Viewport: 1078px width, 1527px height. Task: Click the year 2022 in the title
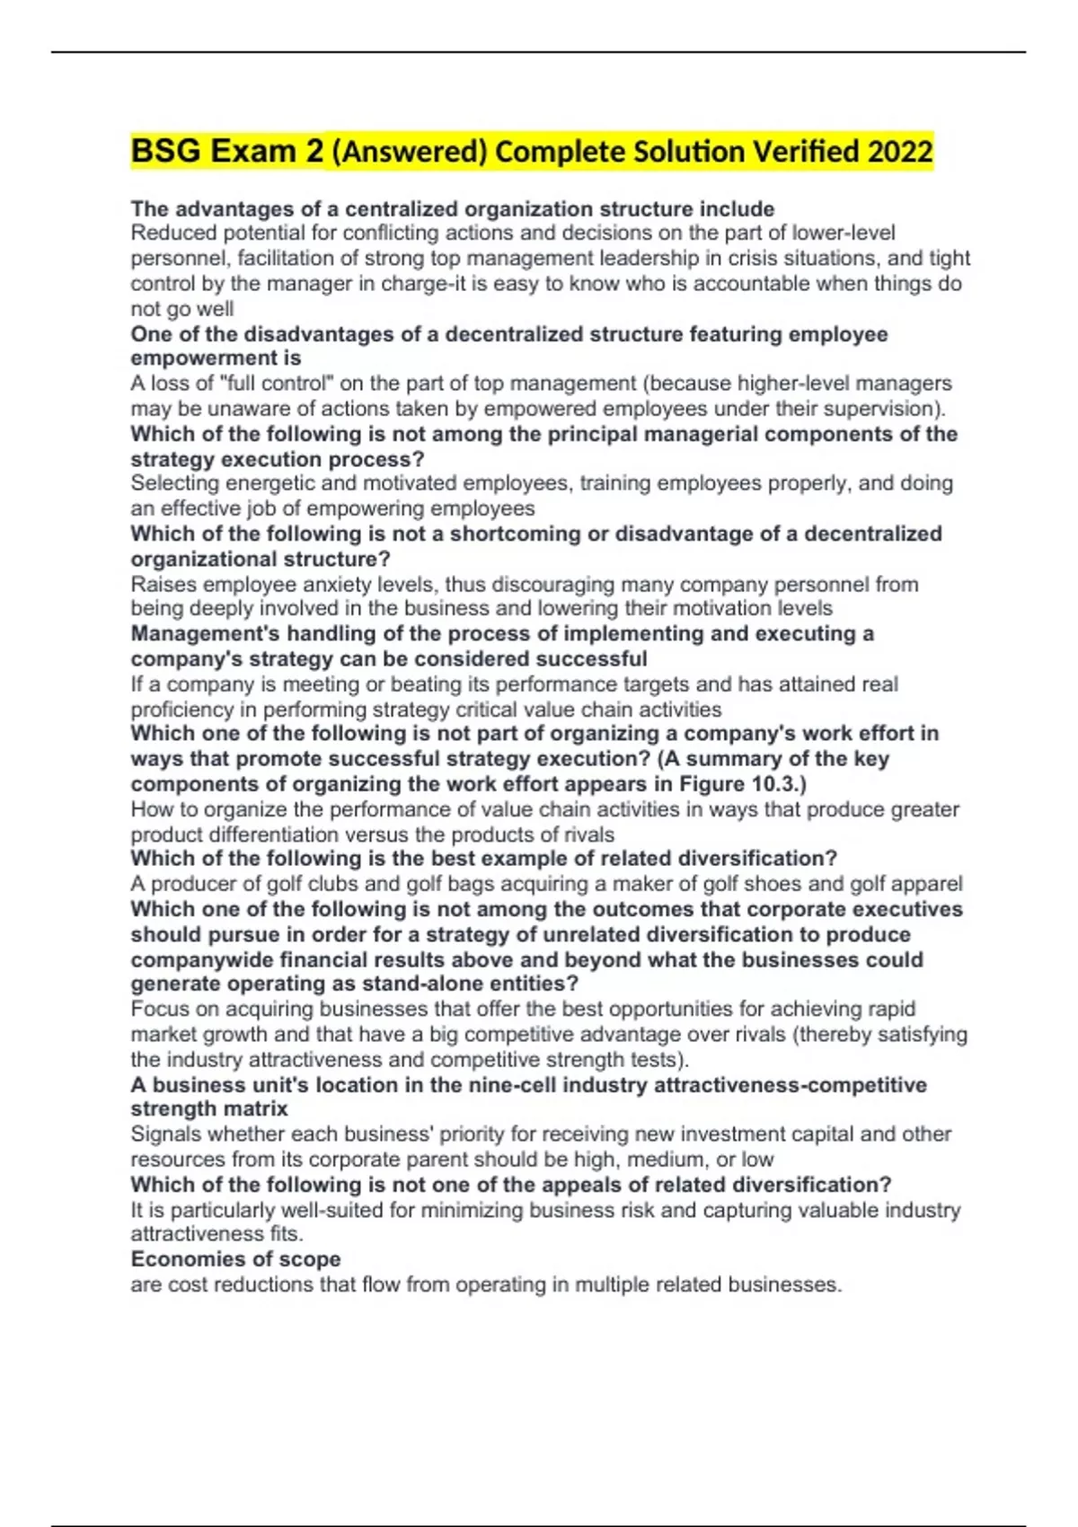(x=900, y=152)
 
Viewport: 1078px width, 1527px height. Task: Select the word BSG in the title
(x=166, y=152)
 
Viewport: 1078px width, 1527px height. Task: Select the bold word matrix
(x=256, y=1108)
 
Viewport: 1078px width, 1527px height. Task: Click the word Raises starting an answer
(x=163, y=585)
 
